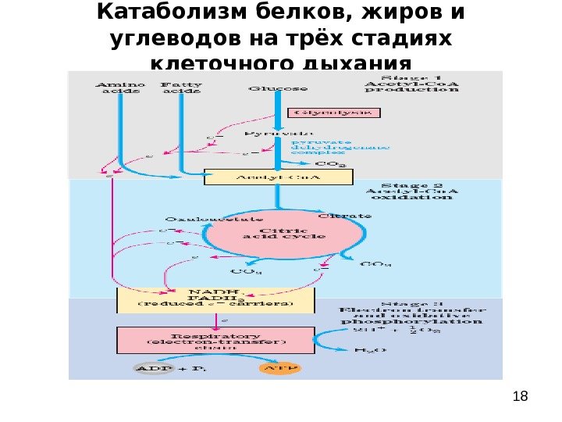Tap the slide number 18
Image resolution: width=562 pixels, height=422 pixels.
521,396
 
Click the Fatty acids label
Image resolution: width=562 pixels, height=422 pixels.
180,88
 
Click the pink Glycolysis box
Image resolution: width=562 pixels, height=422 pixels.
333,113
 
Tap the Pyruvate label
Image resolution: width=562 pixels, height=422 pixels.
268,134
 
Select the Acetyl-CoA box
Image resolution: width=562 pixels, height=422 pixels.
279,177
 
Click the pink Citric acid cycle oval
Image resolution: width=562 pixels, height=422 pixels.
283,233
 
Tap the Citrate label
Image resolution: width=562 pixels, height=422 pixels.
344,216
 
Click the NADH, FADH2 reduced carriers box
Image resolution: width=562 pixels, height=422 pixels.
215,299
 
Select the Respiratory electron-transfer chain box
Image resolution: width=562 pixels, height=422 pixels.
216,340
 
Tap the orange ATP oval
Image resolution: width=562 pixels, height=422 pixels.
279,368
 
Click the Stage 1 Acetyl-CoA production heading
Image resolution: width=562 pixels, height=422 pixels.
411,84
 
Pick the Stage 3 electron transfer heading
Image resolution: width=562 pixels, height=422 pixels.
412,312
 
